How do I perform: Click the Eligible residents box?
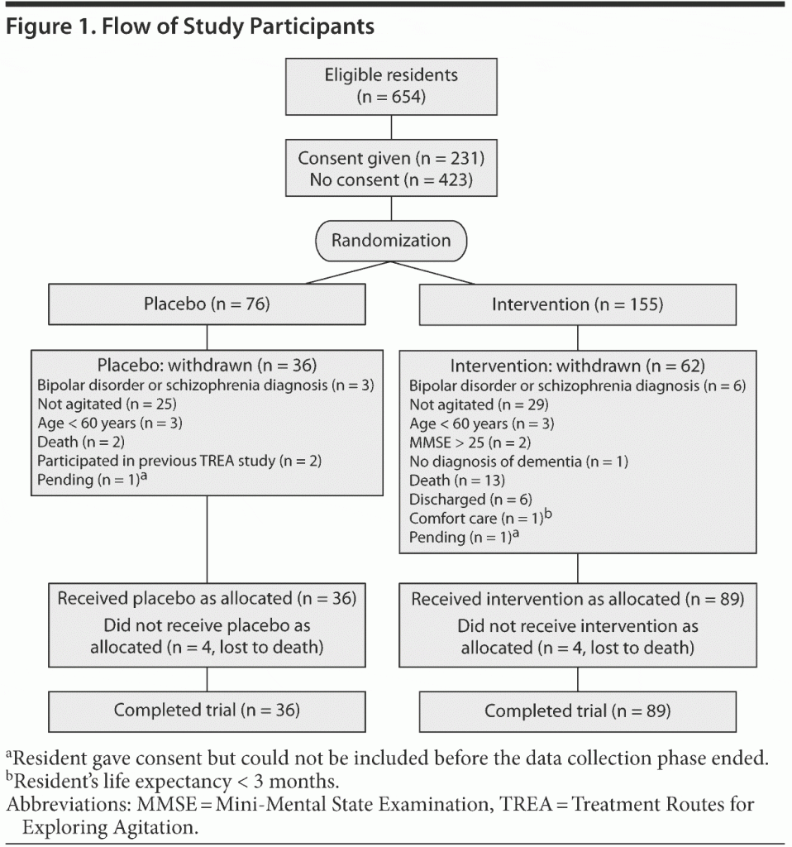391,86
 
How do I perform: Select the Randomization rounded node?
391,241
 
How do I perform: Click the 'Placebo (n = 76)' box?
207,304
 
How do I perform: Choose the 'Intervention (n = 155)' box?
577,304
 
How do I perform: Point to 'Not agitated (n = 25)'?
107,404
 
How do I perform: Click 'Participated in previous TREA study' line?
155,461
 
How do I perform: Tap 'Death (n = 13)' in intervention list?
456,481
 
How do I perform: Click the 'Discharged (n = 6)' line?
470,500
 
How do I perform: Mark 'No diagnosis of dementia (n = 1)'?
518,462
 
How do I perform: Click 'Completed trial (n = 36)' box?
207,710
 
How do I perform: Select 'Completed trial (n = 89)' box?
577,711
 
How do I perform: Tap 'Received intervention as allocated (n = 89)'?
577,599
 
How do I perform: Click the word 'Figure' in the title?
34,26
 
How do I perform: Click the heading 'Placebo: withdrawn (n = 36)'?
207,364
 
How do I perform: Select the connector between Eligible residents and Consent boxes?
391,127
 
